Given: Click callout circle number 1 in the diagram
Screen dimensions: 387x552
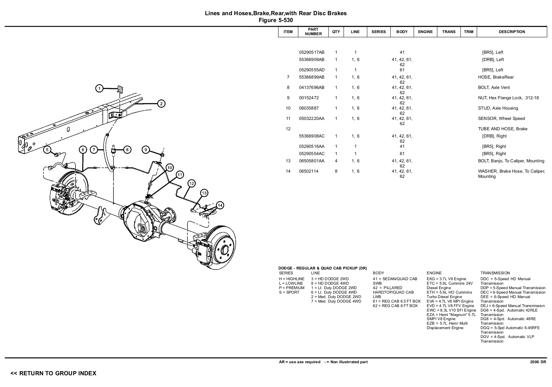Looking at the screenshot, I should tap(99, 89).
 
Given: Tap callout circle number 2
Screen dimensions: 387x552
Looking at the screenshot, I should tap(161, 103).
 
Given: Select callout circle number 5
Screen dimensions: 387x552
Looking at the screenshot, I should tap(47, 150).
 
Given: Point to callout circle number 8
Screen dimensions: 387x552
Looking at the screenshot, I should tap(127, 150).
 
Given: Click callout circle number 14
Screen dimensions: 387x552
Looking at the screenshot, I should tap(220, 205).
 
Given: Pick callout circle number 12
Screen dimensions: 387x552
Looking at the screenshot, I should tap(191, 183).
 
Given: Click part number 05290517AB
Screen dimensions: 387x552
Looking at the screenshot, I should tap(312, 52).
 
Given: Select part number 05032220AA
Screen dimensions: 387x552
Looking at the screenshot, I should tap(312, 119).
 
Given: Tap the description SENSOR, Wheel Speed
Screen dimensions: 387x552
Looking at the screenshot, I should tap(501, 119).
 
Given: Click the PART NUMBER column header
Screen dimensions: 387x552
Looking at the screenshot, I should tap(313, 32).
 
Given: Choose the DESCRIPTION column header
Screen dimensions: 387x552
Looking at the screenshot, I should tap(512, 32).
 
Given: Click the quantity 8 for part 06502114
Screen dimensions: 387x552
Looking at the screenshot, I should tap(336, 171).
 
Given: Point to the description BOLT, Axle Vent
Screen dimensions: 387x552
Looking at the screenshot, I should tap(494, 88).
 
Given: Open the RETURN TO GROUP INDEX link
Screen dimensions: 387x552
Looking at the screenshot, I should tap(53, 373).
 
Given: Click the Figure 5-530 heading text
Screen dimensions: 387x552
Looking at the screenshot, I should tap(276, 20).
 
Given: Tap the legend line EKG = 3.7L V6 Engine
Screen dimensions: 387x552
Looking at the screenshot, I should tap(446, 279).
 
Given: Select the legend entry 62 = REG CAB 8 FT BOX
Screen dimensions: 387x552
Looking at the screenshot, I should tap(395, 306).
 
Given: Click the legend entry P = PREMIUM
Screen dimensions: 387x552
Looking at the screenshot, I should tap(292, 288).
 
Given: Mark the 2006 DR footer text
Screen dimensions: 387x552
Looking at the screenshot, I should tap(538, 362).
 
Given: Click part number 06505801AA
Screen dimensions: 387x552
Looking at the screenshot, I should tap(312, 161).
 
